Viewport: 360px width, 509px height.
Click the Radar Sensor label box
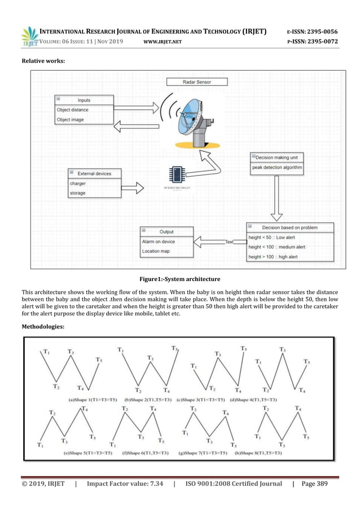196,82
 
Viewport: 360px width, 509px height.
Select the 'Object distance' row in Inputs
84,110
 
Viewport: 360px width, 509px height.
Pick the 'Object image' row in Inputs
84,119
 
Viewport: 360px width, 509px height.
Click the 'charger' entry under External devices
93,183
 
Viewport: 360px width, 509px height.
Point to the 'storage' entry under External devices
93,193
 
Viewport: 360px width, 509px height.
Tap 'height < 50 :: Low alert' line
290,238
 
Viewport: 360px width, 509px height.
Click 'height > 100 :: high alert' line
290,257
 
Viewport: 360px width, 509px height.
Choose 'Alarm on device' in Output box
166,242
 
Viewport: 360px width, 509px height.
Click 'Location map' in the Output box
166,251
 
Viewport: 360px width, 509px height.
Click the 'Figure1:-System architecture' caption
179,279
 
